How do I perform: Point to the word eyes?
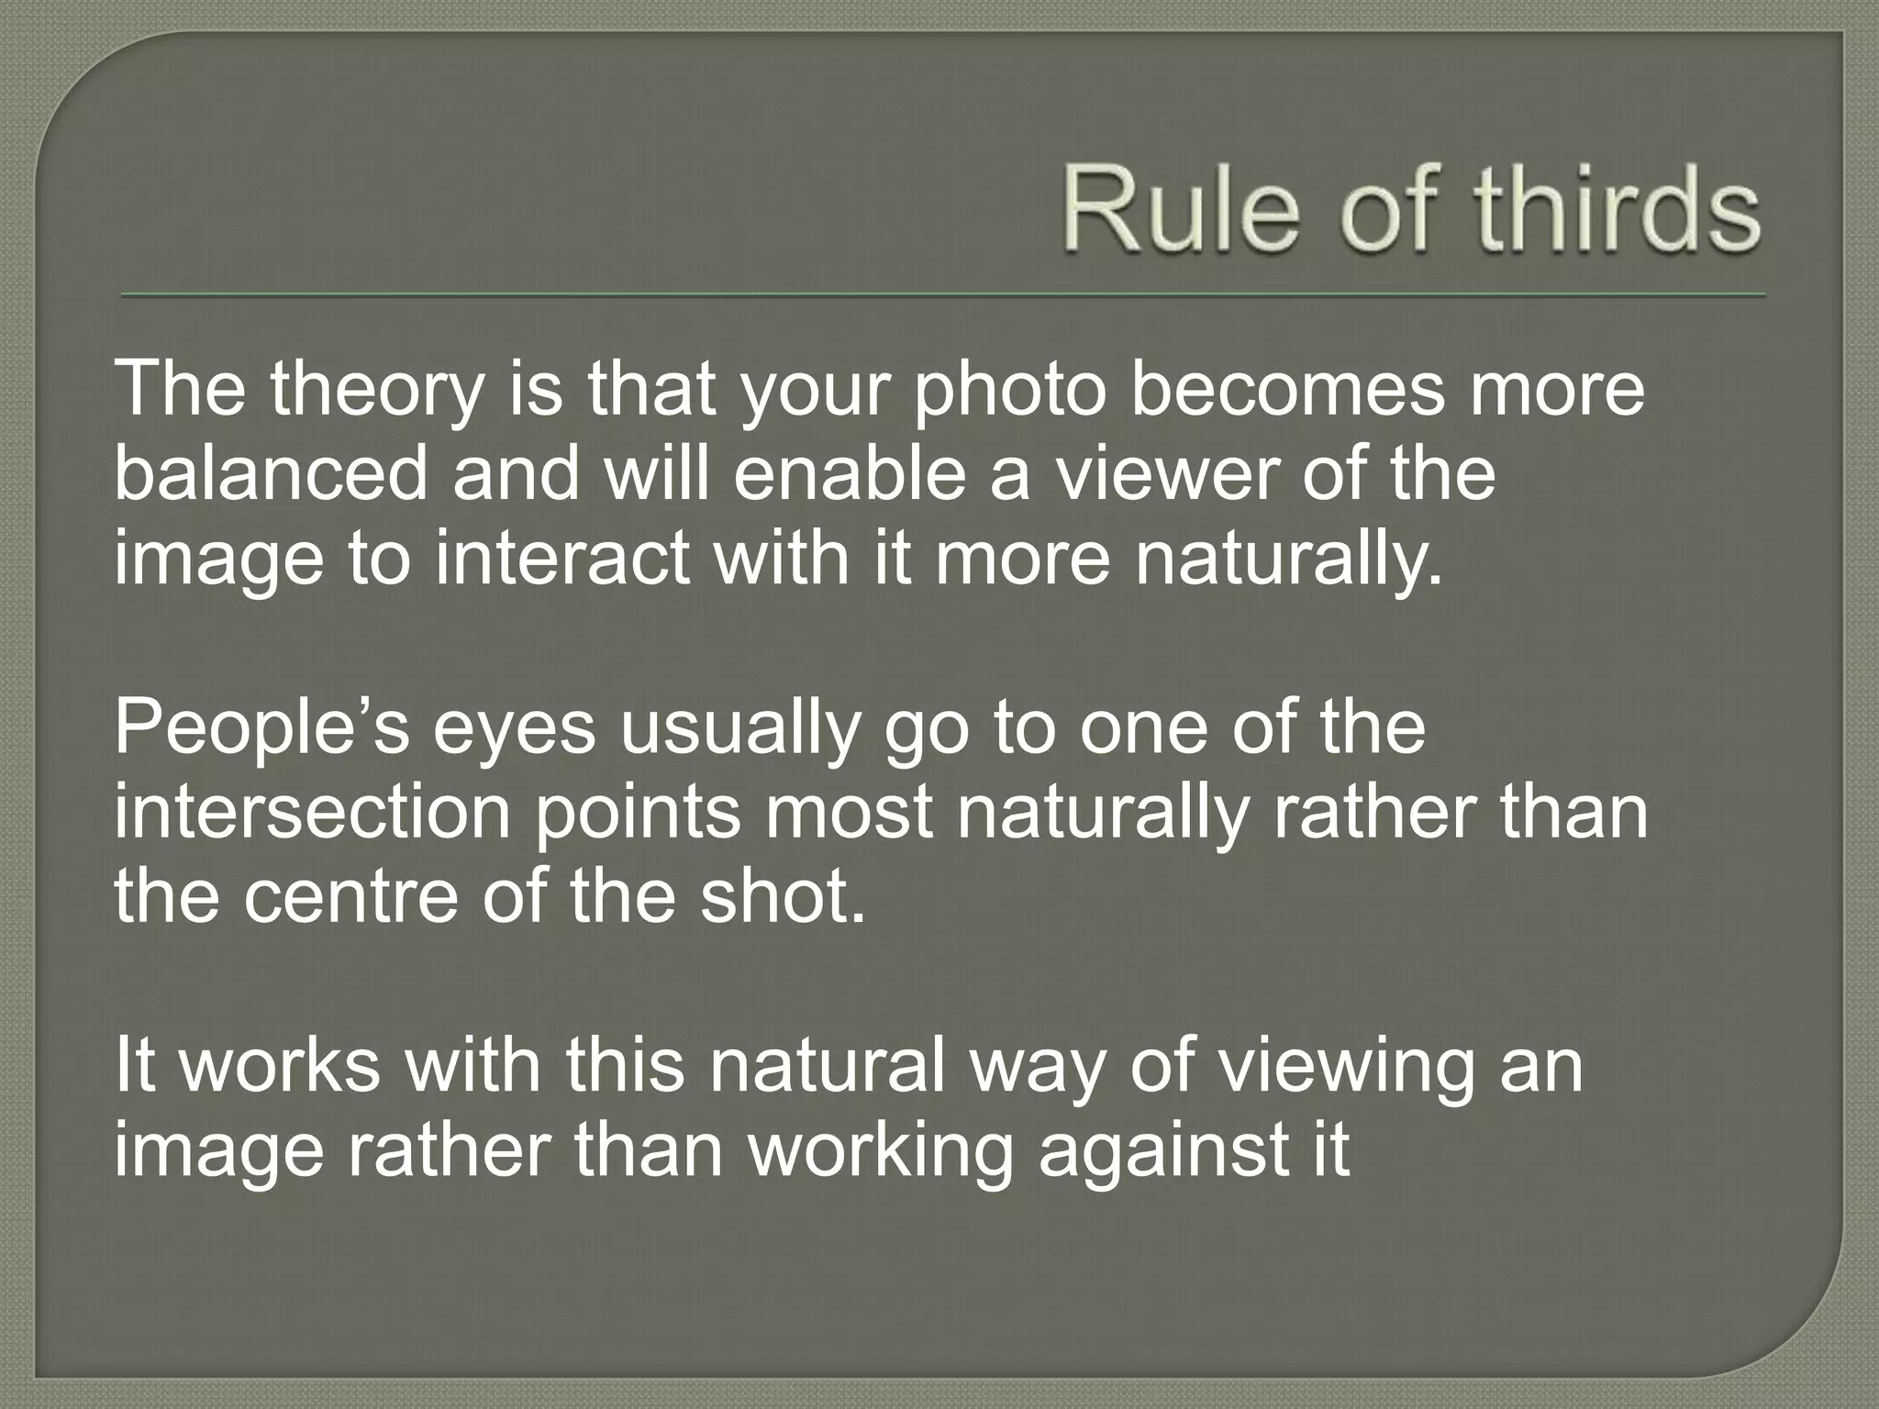(x=515, y=730)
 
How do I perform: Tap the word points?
(x=637, y=813)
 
